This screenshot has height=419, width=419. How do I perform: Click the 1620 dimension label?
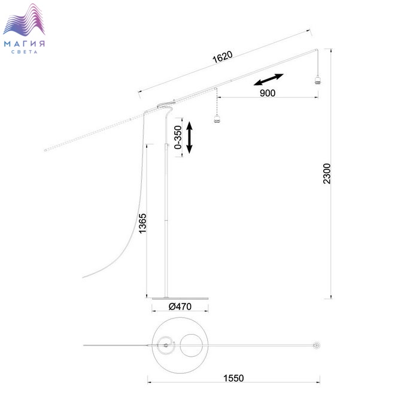tap(222, 57)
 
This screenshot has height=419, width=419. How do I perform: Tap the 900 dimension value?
tap(268, 93)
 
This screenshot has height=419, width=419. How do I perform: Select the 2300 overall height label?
tap(327, 174)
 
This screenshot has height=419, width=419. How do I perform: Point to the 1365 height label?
tap(142, 223)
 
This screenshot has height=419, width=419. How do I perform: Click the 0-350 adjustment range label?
tap(178, 137)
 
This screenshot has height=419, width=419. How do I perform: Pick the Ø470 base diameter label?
tap(180, 306)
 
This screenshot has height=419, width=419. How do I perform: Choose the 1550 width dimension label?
tap(233, 378)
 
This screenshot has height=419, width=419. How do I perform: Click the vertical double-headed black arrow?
tap(189, 137)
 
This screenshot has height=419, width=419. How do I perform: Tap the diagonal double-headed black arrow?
tap(268, 80)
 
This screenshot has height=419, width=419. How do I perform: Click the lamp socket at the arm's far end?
tap(317, 80)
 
